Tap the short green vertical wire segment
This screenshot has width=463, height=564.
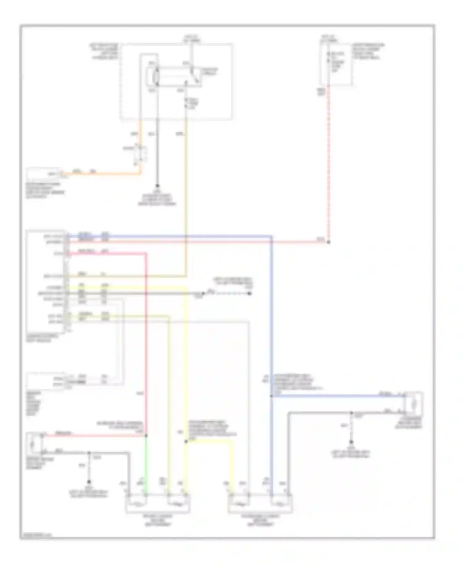click(x=146, y=463)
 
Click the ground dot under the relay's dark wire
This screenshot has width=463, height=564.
click(x=157, y=186)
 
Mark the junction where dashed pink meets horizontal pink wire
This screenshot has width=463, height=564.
click(x=328, y=242)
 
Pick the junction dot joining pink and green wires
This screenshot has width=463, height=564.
click(x=146, y=436)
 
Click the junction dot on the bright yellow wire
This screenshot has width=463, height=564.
click(x=186, y=442)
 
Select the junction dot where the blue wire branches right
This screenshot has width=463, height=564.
click(x=271, y=396)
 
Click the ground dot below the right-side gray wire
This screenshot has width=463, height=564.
click(x=351, y=442)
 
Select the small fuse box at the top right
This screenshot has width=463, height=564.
click(x=336, y=64)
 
